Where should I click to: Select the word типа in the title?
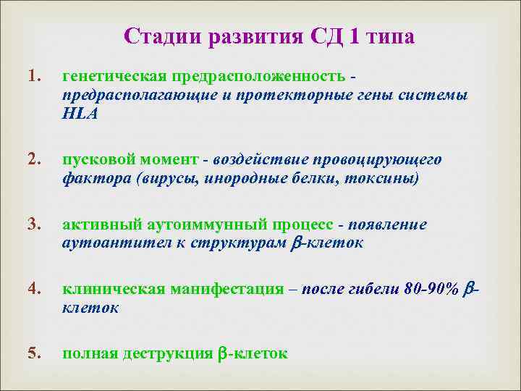(389, 37)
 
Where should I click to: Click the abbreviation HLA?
(80, 114)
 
